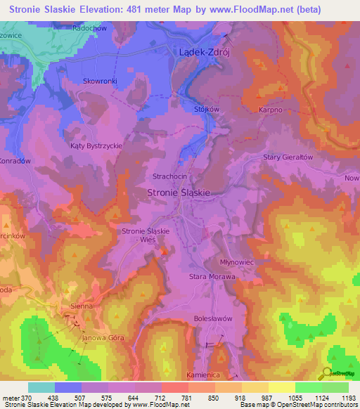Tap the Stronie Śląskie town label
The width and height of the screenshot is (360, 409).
pos(179,191)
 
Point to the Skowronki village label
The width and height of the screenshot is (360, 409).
pos(100,81)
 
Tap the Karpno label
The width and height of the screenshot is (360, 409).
pos(271,110)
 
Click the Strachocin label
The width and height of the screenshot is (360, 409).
pos(170,176)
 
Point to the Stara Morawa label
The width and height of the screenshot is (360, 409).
pos(212,277)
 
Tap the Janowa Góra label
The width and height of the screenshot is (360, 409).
pos(103,338)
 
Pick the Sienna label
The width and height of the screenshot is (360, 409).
pos(82,307)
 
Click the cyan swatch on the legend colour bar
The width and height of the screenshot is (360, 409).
pos(41,387)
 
